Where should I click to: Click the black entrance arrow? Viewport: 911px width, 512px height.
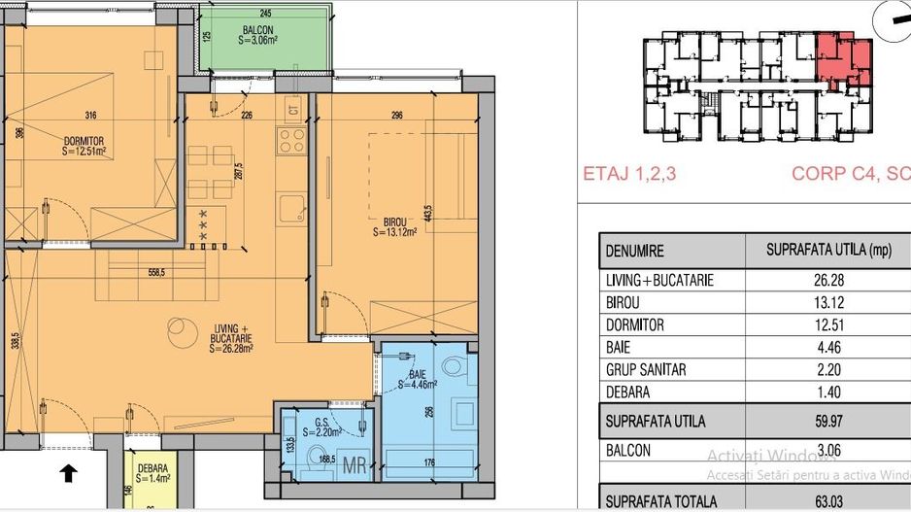click(x=68, y=474)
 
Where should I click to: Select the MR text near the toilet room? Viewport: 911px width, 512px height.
click(x=355, y=465)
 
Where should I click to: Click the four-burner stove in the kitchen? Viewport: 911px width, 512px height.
click(x=292, y=142)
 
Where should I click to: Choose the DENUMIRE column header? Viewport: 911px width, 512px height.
click(x=635, y=251)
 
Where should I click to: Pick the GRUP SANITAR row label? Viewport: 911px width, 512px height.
click(x=647, y=370)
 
